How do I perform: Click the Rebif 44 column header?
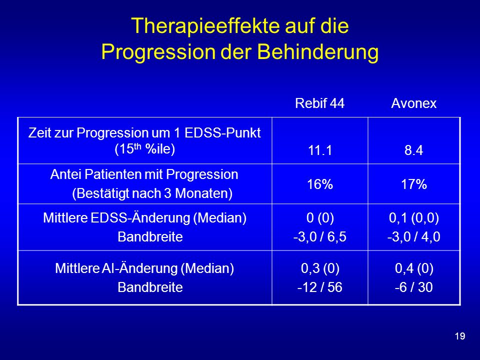(x=319, y=103)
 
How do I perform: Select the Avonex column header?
(x=414, y=103)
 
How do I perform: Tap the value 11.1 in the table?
(x=320, y=150)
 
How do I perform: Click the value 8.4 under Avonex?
(x=414, y=150)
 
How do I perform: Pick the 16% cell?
(x=320, y=184)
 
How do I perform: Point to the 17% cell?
(x=414, y=184)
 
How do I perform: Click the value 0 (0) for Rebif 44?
(x=320, y=217)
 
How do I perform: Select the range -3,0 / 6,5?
(x=320, y=236)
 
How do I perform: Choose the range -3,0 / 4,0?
(x=414, y=236)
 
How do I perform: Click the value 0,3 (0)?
(x=320, y=268)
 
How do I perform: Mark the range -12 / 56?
(x=320, y=287)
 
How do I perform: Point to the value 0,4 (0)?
(x=414, y=268)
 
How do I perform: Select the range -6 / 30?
(x=414, y=287)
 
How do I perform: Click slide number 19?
(x=460, y=336)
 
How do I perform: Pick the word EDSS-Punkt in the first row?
(x=223, y=133)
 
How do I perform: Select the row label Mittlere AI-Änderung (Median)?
(x=144, y=268)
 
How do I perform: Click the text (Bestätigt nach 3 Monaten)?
(x=152, y=193)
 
